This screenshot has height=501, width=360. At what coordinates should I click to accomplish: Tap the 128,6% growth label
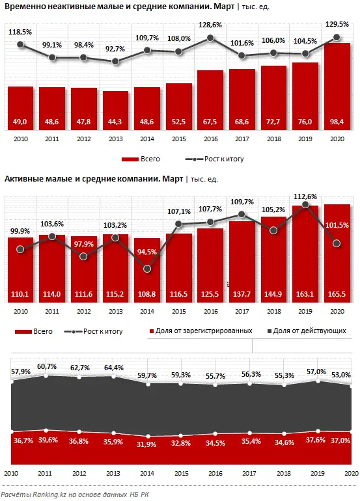210,24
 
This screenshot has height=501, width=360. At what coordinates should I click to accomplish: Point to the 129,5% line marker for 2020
337,38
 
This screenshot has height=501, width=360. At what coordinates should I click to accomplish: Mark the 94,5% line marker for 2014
146,268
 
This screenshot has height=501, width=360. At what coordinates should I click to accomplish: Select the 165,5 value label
337,295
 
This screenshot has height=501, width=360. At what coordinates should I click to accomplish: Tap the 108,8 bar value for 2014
146,295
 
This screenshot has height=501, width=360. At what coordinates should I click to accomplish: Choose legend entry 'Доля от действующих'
314,331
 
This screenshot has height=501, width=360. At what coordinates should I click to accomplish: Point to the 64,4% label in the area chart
116,370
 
